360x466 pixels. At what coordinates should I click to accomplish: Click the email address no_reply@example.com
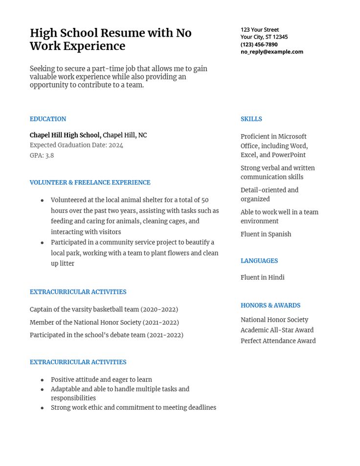pos(271,51)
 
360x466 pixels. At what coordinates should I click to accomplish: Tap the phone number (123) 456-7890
pos(259,44)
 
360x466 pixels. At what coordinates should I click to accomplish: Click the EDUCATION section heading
pos(48,119)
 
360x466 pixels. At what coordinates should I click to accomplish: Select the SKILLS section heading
pos(251,119)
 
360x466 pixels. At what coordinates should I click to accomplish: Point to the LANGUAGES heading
pos(259,261)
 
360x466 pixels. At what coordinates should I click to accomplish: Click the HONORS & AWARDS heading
pos(270,305)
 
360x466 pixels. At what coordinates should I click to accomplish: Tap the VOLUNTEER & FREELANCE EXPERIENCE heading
pos(90,183)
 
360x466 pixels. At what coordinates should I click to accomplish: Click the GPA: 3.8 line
pos(42,156)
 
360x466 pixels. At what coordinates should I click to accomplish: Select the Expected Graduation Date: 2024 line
pos(76,145)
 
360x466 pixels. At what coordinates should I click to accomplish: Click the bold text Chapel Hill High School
pos(65,135)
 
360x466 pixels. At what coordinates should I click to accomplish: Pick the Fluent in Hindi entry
pos(262,278)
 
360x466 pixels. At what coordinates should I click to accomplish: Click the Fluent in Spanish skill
pos(266,234)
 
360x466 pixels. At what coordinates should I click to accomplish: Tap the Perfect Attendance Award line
pos(278,341)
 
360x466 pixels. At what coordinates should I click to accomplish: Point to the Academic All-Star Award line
pos(277,330)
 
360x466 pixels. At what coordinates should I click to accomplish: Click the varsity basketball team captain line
pos(104,309)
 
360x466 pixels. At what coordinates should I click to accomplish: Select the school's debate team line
pos(106,335)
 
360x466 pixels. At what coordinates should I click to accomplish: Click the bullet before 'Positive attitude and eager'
pos(43,380)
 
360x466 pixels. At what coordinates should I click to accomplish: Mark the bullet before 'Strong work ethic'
pos(43,408)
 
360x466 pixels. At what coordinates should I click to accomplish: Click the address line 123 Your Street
pos(260,29)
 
